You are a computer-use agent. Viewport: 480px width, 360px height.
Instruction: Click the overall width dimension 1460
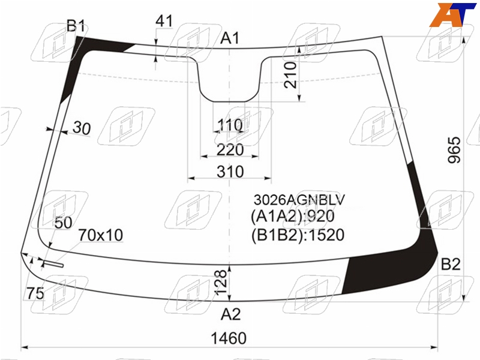click(x=229, y=338)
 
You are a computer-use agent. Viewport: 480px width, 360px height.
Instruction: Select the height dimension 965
click(x=454, y=150)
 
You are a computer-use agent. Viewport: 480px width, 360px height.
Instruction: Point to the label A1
click(x=230, y=38)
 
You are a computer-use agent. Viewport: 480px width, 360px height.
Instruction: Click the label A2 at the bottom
click(x=231, y=314)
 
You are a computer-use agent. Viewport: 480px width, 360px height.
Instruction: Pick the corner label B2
click(x=451, y=264)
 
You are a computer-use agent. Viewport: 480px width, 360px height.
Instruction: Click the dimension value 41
click(x=164, y=21)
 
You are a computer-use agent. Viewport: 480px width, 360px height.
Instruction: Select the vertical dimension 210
click(x=290, y=75)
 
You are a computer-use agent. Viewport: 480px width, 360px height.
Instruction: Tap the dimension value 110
click(x=230, y=125)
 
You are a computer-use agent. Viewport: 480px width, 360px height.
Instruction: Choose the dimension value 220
click(x=230, y=149)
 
